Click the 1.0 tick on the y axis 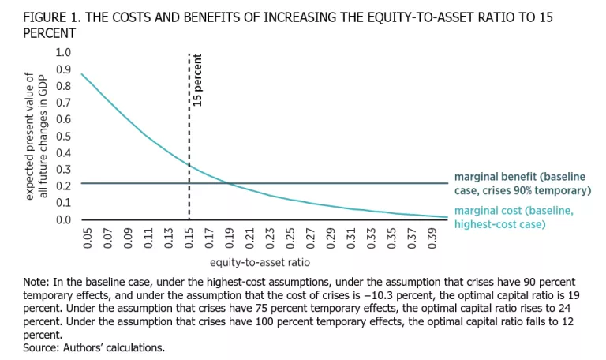[x=62, y=52]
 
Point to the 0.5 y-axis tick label [x=62, y=136]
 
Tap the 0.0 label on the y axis [x=62, y=219]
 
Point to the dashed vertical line [x=189, y=158]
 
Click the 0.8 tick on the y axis [x=62, y=85]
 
